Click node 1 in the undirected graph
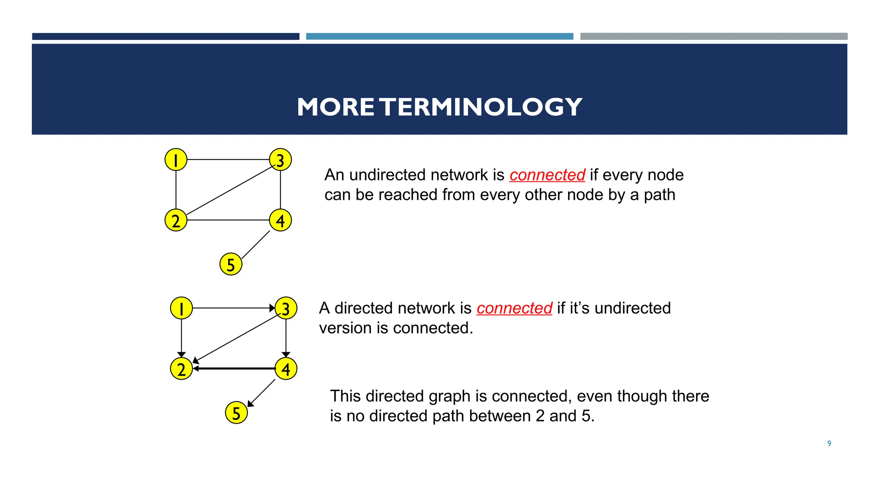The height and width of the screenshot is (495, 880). click(x=176, y=159)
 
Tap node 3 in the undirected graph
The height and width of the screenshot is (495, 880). click(x=281, y=159)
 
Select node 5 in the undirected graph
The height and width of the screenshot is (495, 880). click(x=231, y=264)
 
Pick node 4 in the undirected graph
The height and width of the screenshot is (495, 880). click(x=281, y=220)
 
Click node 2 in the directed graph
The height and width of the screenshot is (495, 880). click(x=181, y=369)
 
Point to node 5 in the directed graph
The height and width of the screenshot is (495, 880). click(x=236, y=412)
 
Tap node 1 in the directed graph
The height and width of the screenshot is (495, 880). click(x=181, y=308)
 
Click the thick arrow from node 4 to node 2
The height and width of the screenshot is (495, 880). click(x=234, y=369)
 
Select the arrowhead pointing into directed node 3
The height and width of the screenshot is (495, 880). click(x=272, y=308)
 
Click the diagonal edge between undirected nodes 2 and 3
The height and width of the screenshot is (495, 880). click(x=230, y=190)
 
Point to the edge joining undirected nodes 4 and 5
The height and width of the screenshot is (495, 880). click(x=256, y=245)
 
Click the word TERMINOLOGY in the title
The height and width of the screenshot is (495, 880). click(x=481, y=107)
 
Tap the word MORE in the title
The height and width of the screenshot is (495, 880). click(x=336, y=107)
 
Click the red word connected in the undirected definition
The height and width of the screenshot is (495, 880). click(x=547, y=175)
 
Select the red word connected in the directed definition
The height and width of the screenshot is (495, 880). click(x=514, y=308)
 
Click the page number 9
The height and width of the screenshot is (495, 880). click(x=829, y=443)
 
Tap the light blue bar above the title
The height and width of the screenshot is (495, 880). click(x=440, y=37)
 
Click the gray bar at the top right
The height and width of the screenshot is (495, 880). click(x=714, y=37)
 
